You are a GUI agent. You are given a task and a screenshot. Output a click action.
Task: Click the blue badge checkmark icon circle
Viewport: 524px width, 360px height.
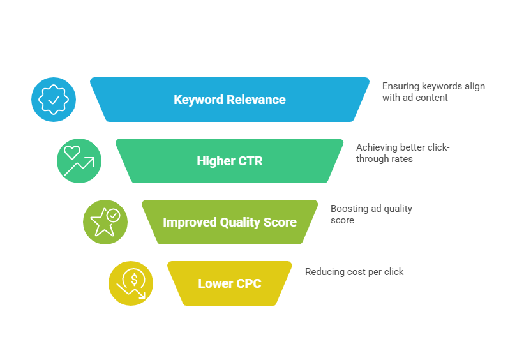coord(54,100)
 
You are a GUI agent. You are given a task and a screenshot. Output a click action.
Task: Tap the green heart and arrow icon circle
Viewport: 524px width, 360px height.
coord(79,161)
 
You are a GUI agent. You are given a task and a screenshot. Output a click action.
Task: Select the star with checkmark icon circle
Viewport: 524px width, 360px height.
coord(105,222)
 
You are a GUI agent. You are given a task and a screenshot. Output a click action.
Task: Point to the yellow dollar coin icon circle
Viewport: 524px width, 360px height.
coord(131,283)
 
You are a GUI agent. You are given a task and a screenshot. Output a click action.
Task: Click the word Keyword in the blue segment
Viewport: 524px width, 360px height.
coord(198,100)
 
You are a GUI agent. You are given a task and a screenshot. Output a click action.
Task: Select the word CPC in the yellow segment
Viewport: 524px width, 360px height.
coord(248,284)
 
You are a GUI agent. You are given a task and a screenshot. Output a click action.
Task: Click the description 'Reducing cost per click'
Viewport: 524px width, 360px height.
coord(354,272)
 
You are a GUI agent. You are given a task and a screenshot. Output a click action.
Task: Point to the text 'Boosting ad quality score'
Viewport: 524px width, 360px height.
coord(371,214)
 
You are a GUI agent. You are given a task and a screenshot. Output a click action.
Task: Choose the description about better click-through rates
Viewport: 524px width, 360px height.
coord(402,153)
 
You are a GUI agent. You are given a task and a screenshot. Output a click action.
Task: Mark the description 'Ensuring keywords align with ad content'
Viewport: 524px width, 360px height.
coord(433,92)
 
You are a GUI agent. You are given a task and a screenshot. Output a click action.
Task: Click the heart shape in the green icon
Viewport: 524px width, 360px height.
coord(72,153)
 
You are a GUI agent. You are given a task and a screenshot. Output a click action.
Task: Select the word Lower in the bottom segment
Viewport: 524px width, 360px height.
coord(215,284)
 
